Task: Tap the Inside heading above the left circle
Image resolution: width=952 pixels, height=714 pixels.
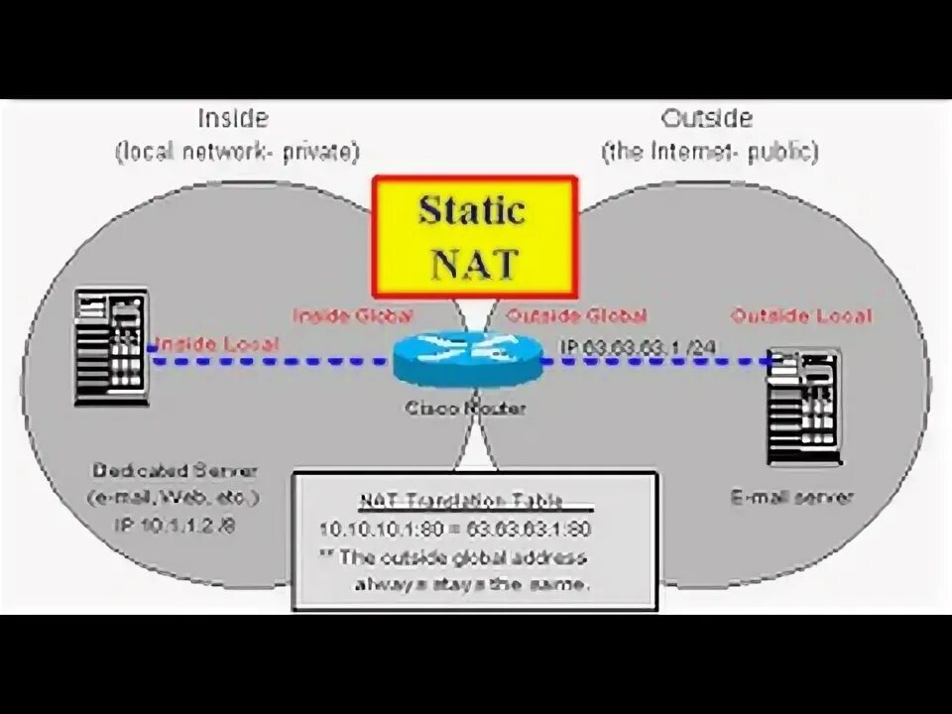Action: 233,119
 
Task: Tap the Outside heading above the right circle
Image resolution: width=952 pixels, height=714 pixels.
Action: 707,119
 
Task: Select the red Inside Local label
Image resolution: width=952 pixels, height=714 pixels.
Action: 204,343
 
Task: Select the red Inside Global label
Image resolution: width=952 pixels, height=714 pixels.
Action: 352,316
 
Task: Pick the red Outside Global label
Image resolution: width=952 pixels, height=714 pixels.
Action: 576,316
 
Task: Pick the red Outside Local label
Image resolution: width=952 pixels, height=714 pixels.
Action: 801,316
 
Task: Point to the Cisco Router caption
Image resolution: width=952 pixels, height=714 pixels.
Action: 465,408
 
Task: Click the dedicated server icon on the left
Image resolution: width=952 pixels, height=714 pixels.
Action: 111,346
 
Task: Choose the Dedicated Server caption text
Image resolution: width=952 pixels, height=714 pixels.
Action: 175,470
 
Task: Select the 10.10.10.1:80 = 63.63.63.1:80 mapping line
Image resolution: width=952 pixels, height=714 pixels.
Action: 455,529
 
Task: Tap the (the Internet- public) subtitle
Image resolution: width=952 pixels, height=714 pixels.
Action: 709,152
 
